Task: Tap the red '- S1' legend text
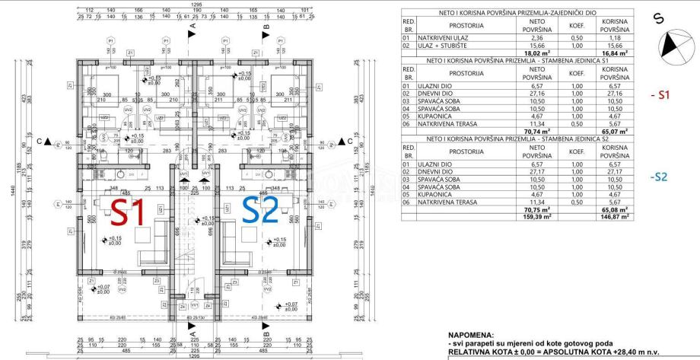tap(660, 95)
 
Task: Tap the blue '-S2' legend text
tap(659, 177)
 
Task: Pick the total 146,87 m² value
tap(614, 216)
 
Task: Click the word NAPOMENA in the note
tap(472, 333)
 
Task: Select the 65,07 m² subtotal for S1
tap(614, 131)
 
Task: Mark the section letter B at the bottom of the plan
tap(266, 333)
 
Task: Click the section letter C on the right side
tap(350, 141)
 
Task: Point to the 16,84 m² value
tap(614, 53)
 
